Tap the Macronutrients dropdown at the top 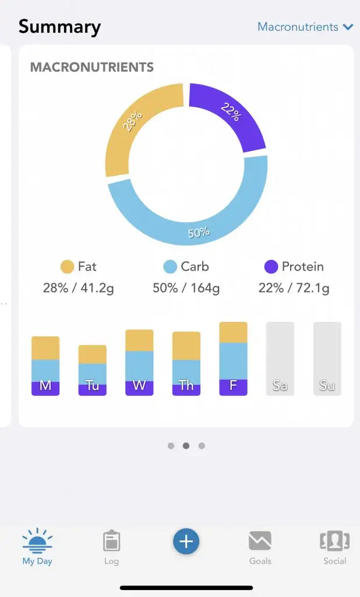click(305, 27)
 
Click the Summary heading click(59, 27)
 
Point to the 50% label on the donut click(199, 233)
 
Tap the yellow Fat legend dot click(68, 267)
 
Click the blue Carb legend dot click(170, 267)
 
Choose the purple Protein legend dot click(271, 267)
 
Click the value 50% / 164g click(186, 288)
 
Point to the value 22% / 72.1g click(294, 288)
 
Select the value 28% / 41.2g click(79, 288)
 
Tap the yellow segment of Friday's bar click(233, 332)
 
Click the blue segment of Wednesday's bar click(139, 366)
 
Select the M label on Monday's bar click(45, 386)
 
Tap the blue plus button click(186, 542)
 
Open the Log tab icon click(111, 541)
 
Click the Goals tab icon click(260, 541)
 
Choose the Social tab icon click(334, 541)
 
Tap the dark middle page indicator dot click(186, 445)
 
